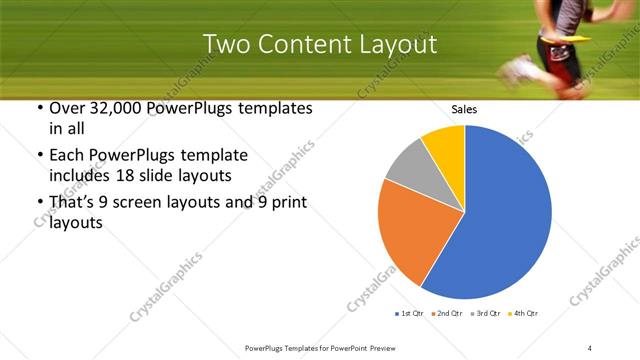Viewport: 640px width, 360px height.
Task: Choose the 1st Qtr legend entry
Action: pyautogui.click(x=411, y=314)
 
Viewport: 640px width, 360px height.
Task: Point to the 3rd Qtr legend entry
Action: pyautogui.click(x=486, y=314)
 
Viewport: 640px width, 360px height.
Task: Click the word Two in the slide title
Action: pyautogui.click(x=226, y=45)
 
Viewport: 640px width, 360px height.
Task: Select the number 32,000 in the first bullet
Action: pyautogui.click(x=111, y=107)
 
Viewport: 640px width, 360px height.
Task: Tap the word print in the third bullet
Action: pyautogui.click(x=286, y=203)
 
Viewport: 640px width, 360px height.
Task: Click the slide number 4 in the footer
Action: pyautogui.click(x=590, y=347)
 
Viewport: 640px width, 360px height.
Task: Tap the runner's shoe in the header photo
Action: pyautogui.click(x=520, y=70)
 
